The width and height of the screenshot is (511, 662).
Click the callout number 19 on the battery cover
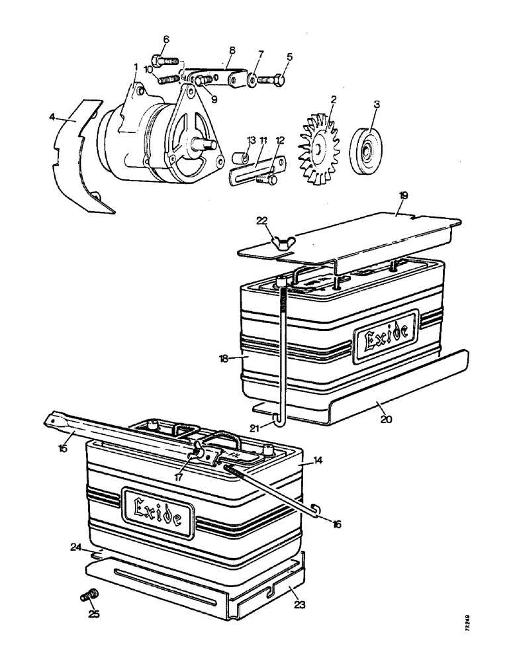(403, 195)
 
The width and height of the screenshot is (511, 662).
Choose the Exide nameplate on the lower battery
(158, 511)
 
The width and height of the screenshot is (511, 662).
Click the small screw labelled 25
(88, 598)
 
